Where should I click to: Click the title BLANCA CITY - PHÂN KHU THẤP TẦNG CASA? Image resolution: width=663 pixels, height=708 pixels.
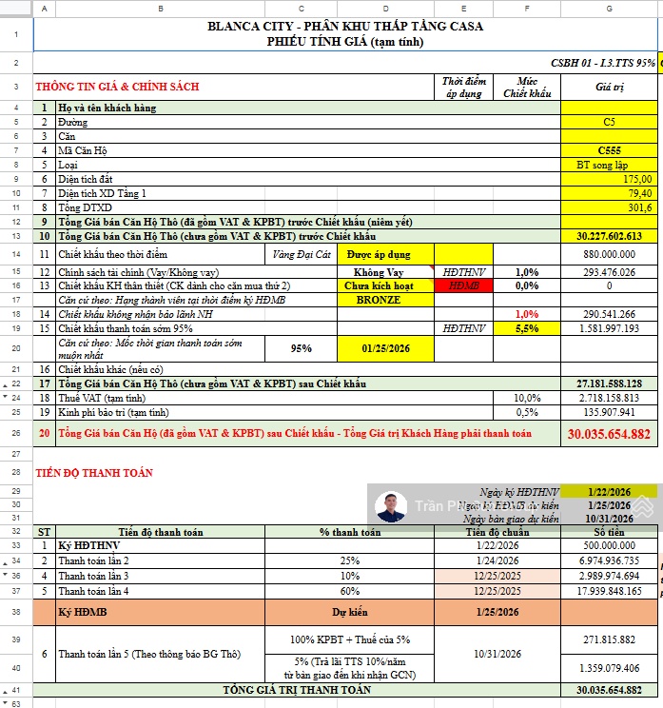click(344, 26)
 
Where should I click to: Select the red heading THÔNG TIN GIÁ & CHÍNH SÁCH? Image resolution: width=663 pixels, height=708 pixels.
click(117, 87)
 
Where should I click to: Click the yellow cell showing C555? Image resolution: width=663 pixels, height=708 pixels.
click(609, 150)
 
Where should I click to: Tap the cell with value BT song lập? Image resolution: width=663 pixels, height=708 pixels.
click(609, 165)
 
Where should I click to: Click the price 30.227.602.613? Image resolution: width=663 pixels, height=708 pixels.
click(609, 236)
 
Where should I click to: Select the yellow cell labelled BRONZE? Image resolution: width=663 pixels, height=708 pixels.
click(378, 300)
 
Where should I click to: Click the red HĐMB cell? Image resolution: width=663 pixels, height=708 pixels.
click(463, 285)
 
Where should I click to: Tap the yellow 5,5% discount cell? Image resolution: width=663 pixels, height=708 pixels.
click(526, 328)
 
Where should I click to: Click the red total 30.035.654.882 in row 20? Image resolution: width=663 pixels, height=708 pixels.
click(609, 434)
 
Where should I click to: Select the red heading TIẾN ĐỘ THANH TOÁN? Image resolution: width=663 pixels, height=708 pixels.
click(94, 472)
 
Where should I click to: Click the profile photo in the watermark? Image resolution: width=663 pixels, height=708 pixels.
click(390, 507)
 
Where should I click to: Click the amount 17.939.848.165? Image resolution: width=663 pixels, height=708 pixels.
click(609, 591)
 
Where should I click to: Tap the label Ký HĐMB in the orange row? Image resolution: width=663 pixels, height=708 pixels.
click(80, 611)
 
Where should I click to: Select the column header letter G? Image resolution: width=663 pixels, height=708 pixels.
click(609, 9)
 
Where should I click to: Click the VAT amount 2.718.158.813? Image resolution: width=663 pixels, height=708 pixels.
click(609, 398)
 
